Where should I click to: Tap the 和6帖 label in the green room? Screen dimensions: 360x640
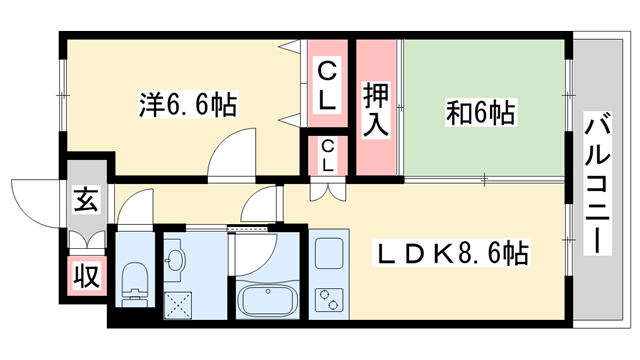coord(479,112)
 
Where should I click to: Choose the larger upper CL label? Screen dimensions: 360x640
coord(328,86)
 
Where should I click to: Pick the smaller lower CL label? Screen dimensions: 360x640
coord(328,156)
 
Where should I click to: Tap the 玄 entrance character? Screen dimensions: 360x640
coord(85,200)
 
